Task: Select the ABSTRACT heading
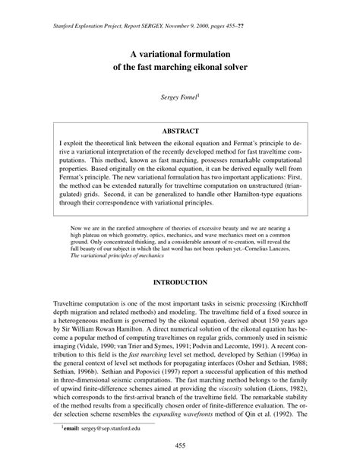point(180,131)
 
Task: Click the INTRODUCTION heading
point(180,261)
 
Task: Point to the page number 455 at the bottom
point(180,445)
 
